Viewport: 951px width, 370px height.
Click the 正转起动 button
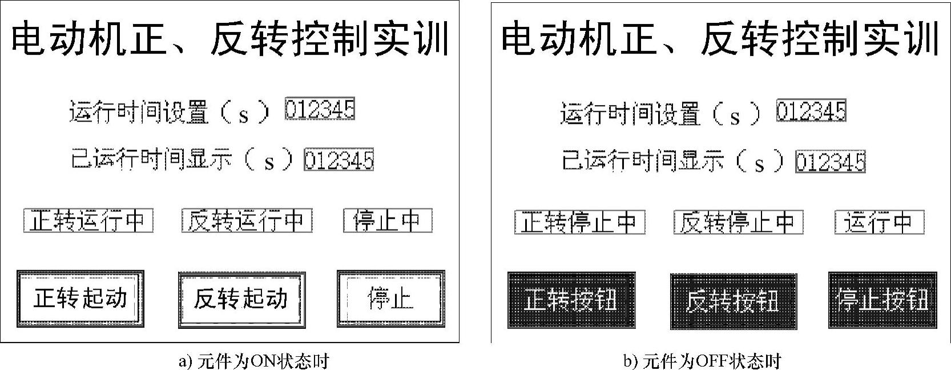pyautogui.click(x=80, y=299)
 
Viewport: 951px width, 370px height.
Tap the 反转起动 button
pyautogui.click(x=241, y=299)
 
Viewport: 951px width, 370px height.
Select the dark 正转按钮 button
pyautogui.click(x=571, y=300)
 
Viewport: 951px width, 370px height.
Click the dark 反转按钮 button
pyautogui.click(x=733, y=300)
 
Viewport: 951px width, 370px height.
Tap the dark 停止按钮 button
pyautogui.click(x=883, y=300)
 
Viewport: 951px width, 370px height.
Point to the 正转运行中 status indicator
pyautogui.click(x=88, y=221)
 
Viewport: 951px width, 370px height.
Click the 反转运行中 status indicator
pyautogui.click(x=247, y=221)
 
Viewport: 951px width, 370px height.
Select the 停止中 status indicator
pyautogui.click(x=388, y=221)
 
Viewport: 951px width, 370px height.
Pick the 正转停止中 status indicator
pyautogui.click(x=579, y=223)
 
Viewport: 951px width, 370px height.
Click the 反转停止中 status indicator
pyautogui.click(x=738, y=223)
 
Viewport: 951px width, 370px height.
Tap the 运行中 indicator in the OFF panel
pyautogui.click(x=879, y=223)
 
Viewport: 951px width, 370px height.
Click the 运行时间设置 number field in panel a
pyautogui.click(x=320, y=109)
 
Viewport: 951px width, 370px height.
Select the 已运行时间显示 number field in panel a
pyautogui.click(x=339, y=160)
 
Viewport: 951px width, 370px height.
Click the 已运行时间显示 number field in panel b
pyautogui.click(x=831, y=162)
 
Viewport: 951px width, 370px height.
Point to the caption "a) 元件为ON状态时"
pyautogui.click(x=254, y=361)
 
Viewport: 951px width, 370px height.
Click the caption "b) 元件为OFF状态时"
pyautogui.click(x=702, y=361)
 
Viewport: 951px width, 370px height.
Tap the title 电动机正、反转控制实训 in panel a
pyautogui.click(x=230, y=39)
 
